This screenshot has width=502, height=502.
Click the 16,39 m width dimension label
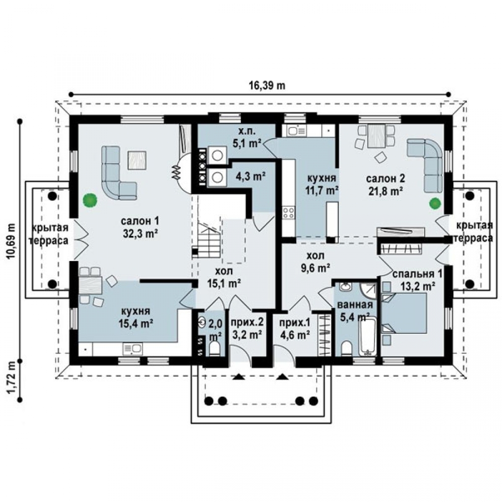click(267, 86)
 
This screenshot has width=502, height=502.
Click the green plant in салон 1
click(90, 200)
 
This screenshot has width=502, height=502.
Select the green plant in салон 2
click(435, 203)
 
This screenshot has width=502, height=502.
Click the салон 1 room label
click(140, 221)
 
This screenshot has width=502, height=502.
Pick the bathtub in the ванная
click(367, 336)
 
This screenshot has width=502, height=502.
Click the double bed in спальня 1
click(404, 313)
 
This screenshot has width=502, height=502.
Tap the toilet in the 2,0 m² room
click(214, 348)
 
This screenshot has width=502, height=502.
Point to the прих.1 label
click(295, 323)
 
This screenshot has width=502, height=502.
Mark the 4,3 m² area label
click(250, 176)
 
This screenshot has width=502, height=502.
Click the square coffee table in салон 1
click(137, 160)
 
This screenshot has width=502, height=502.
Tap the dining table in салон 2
click(376, 136)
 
